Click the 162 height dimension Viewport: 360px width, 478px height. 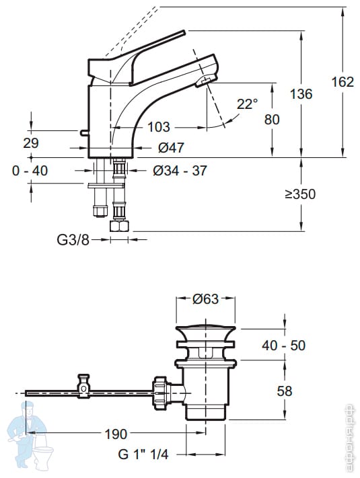(x=343, y=82)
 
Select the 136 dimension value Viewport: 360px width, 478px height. (x=301, y=94)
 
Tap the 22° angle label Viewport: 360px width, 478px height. (x=247, y=104)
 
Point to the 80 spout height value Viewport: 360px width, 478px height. (x=272, y=119)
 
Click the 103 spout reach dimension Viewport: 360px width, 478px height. (x=159, y=127)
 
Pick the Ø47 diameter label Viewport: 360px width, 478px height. (x=171, y=147)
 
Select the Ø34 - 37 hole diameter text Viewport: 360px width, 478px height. (x=180, y=170)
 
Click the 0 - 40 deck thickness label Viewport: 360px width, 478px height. (x=30, y=171)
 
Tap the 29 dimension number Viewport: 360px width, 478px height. (x=31, y=143)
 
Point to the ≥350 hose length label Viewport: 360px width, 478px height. (x=301, y=194)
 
